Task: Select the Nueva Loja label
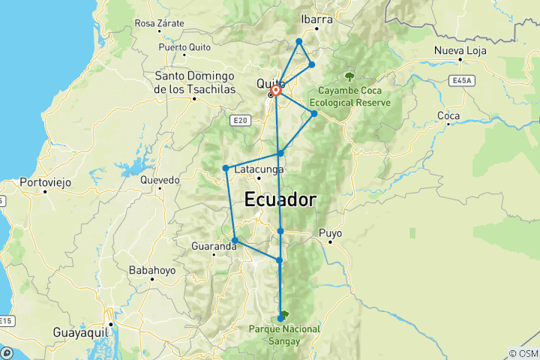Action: click(x=460, y=51)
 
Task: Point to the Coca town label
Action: click(x=448, y=115)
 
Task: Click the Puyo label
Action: click(x=330, y=233)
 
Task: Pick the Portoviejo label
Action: click(x=44, y=181)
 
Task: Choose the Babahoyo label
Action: click(x=152, y=269)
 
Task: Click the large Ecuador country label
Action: click(x=279, y=200)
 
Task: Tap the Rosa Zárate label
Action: click(x=159, y=23)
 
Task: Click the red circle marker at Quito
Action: click(x=276, y=91)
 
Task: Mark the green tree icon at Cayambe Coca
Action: click(x=349, y=76)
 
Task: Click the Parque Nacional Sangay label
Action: click(x=285, y=334)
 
